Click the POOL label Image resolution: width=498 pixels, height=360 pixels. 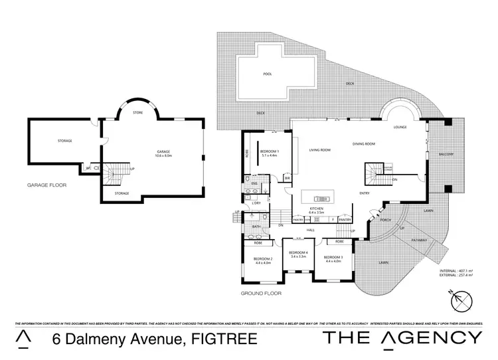click(268, 74)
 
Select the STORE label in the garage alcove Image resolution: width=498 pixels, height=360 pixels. click(137, 112)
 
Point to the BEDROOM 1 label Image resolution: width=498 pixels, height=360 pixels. click(270, 152)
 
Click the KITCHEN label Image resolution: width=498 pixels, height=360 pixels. click(316, 210)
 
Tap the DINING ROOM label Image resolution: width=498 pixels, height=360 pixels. click(364, 144)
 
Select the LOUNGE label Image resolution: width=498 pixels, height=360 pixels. click(400, 126)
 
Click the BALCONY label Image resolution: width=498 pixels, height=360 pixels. click(446, 155)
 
